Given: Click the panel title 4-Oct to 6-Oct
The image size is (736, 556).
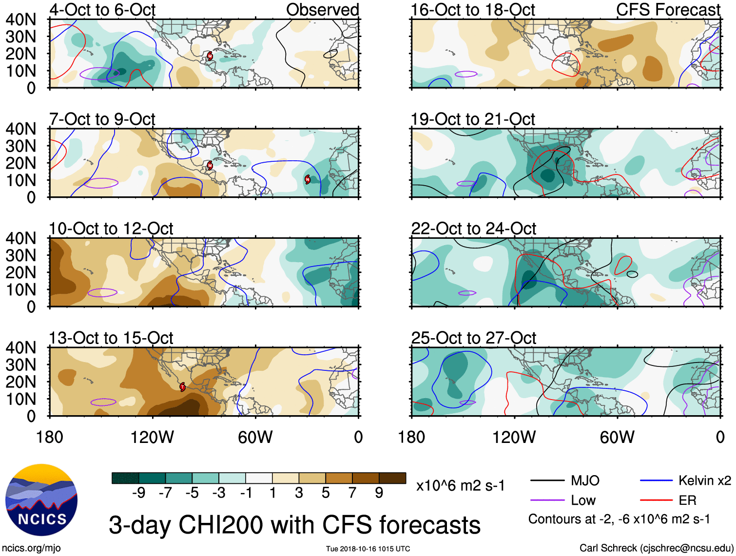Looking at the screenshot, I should tap(102, 10).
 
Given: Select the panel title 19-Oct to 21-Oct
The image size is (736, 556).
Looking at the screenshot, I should tap(473, 119).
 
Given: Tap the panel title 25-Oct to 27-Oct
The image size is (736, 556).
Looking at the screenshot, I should tap(473, 338).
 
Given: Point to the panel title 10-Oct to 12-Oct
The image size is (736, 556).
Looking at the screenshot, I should tap(111, 229).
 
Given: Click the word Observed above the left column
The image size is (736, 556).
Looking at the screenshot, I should tap(322, 10).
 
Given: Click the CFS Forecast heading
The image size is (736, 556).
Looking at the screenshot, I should tap(668, 10).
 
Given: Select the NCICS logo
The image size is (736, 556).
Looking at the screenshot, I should tap(41, 499).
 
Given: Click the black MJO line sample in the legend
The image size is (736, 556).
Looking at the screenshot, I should tap(547, 481).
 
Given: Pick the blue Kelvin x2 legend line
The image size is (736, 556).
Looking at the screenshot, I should tap(656, 481).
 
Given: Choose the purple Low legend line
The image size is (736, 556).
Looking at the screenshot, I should tap(547, 500).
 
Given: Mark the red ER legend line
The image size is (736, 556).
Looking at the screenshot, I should tap(656, 500).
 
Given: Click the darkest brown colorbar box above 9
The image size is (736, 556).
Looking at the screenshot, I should tap(392, 478).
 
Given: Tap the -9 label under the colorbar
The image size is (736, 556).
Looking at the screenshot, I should tap(138, 493).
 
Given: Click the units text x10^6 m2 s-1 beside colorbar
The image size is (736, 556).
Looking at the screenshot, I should tap(460, 486).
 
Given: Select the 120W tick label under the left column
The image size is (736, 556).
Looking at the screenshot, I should tap(152, 437).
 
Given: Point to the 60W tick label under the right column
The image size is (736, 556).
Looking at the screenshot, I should tap(617, 437).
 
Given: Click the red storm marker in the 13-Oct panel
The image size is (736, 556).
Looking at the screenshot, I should tap(182, 387).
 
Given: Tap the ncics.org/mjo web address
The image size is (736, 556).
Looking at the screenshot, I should tap(31, 548).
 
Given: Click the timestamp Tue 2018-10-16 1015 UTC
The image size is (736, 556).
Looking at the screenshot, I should tap(368, 549).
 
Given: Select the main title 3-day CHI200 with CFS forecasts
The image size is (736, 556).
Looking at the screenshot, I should tap(294, 525).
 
